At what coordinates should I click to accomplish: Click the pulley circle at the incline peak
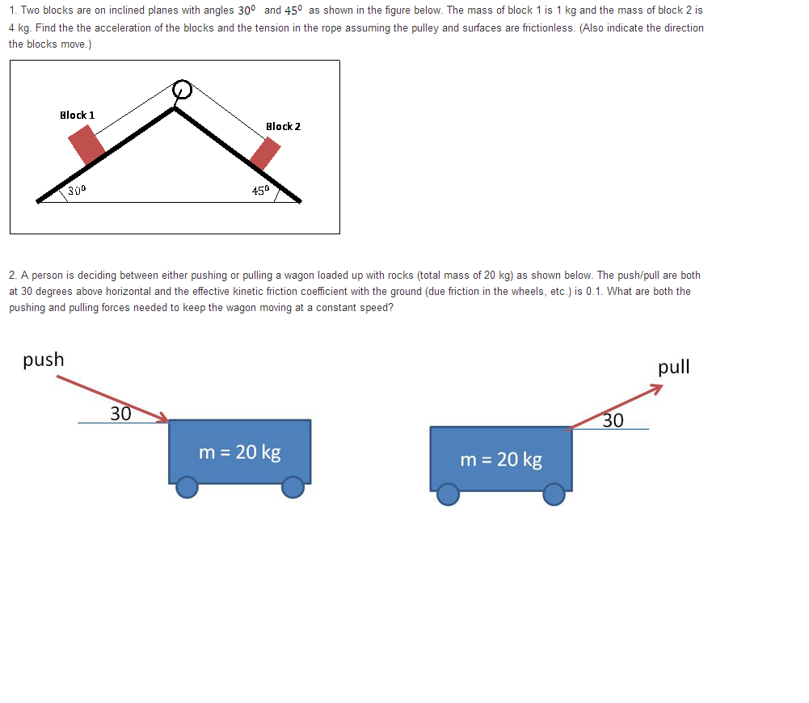pyautogui.click(x=183, y=89)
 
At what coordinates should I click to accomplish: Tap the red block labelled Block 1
pyautogui.click(x=86, y=145)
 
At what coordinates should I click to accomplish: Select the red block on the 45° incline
pyautogui.click(x=265, y=153)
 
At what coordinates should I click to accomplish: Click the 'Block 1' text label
pyautogui.click(x=78, y=115)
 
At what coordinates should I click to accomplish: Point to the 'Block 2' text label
pyautogui.click(x=283, y=126)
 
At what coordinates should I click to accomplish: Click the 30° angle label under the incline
pyautogui.click(x=78, y=191)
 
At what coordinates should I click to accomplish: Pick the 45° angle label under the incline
pyautogui.click(x=260, y=191)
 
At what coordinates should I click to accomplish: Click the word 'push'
pyautogui.click(x=44, y=360)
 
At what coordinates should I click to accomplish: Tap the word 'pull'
pyautogui.click(x=674, y=367)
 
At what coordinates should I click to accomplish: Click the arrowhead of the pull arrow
pyautogui.click(x=658, y=389)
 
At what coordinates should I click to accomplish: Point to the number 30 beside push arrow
pyautogui.click(x=120, y=414)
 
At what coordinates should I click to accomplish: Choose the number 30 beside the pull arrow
pyautogui.click(x=613, y=420)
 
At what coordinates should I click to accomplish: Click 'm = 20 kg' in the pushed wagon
pyautogui.click(x=240, y=452)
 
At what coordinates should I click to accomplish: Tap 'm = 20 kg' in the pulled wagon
pyautogui.click(x=501, y=460)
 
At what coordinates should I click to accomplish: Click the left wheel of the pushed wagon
pyautogui.click(x=188, y=487)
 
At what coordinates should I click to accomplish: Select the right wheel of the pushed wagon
pyautogui.click(x=293, y=487)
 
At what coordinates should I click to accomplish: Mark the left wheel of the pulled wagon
pyautogui.click(x=448, y=494)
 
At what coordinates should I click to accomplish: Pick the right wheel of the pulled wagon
pyautogui.click(x=554, y=494)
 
